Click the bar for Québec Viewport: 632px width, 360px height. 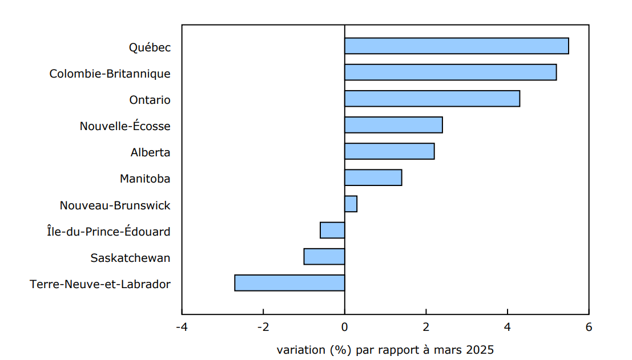point(456,46)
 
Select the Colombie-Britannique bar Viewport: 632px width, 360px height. point(450,72)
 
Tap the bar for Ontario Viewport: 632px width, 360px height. point(432,99)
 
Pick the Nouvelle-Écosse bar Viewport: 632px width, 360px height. point(393,125)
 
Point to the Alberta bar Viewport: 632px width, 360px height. point(389,151)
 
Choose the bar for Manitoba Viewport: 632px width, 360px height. point(373,177)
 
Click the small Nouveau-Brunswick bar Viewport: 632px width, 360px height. point(351,204)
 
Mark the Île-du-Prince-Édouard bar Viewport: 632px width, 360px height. point(332,230)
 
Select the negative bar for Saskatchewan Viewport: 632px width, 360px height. point(324,256)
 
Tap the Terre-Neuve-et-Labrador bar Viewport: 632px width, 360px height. point(289,283)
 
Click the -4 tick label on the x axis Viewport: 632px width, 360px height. point(182,327)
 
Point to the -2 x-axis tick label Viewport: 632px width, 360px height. point(263,327)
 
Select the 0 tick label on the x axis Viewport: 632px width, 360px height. point(344,327)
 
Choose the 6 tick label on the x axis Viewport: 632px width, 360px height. point(589,327)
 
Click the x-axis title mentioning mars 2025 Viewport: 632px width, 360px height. point(385,349)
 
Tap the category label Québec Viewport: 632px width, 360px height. point(149,47)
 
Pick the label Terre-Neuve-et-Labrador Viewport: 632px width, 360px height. point(100,284)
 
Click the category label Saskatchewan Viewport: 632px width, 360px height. point(130,258)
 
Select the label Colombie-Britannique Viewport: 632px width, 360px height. point(110,74)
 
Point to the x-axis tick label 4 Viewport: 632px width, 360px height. point(507,327)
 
